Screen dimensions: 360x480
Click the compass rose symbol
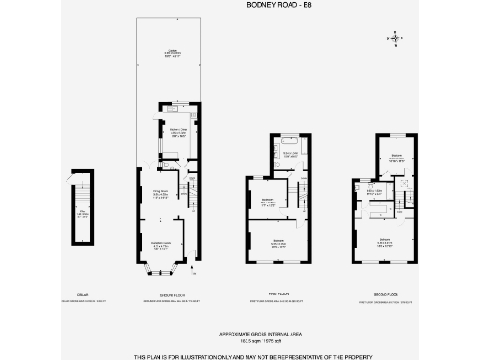[396, 38]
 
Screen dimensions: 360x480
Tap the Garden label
[172, 52]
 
